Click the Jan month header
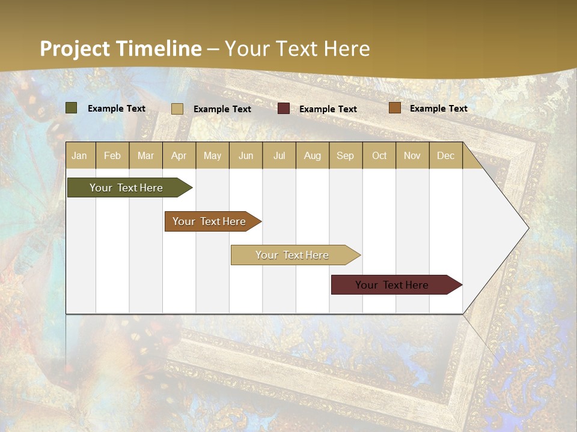tap(79, 156)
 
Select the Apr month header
tap(179, 156)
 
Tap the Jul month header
tap(279, 156)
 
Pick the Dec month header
tap(445, 156)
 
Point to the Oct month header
tap(379, 156)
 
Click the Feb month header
tap(112, 156)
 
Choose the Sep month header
tap(345, 156)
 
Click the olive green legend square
tap(72, 108)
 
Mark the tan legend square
tap(177, 109)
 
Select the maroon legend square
tap(284, 109)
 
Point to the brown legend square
tap(395, 108)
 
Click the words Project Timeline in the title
tap(121, 49)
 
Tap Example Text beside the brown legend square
tap(438, 109)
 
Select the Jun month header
tap(246, 156)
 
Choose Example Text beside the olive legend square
tap(117, 109)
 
